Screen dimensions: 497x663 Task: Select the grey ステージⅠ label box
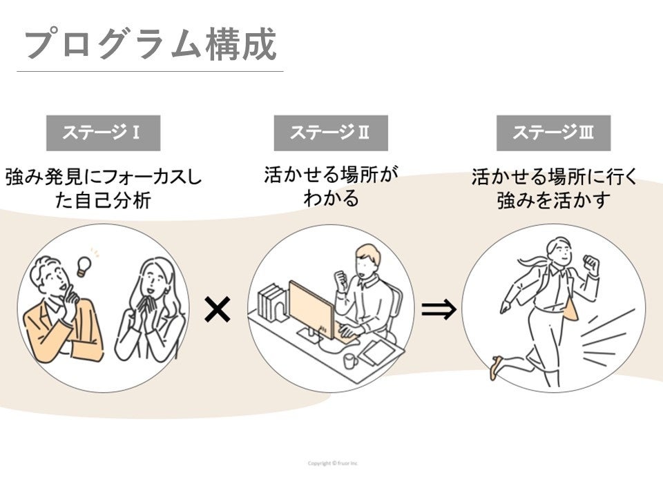pos(103,133)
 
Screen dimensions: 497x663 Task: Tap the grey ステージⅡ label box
pos(330,133)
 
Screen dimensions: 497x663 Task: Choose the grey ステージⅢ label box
pos(553,133)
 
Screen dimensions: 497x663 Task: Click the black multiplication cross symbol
pos(217,311)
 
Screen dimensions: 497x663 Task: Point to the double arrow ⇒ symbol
pos(439,311)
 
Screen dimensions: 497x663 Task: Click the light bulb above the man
pos(85,265)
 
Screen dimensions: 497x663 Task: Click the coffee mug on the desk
pos(349,360)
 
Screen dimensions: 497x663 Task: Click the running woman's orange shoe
pos(495,368)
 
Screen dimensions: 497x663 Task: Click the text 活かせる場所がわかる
pos(331,186)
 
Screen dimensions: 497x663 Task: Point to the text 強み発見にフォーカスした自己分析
pos(103,189)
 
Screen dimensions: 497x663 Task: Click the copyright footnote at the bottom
pos(332,462)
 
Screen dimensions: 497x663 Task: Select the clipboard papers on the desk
pos(378,353)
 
